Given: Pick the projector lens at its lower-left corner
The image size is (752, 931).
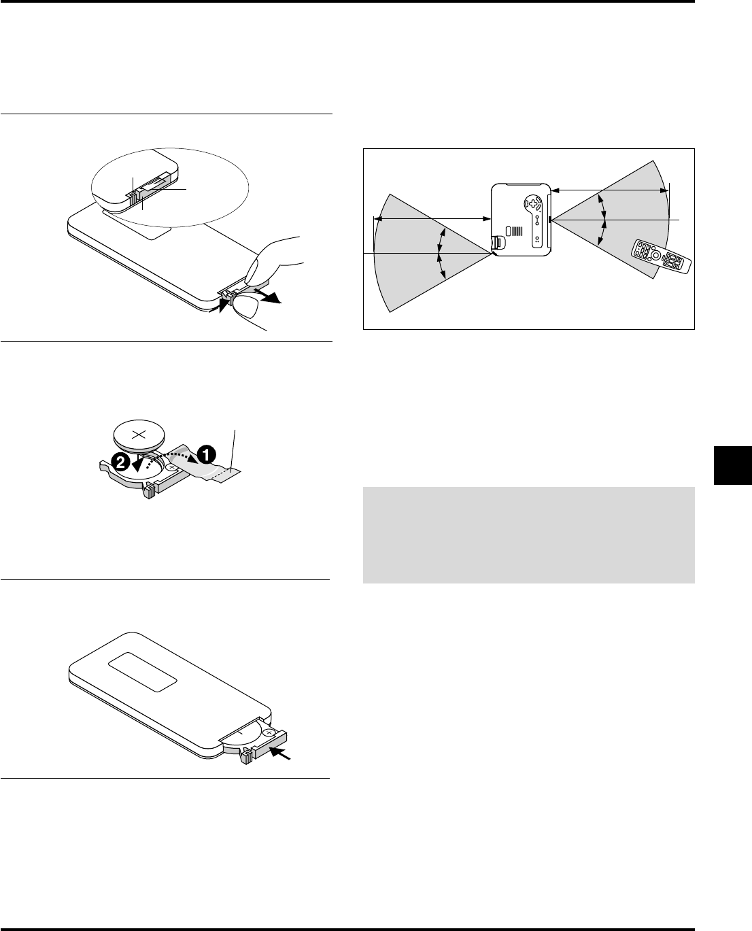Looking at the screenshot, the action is (x=498, y=241).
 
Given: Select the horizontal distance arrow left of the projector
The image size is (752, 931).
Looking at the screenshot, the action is (x=433, y=218).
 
